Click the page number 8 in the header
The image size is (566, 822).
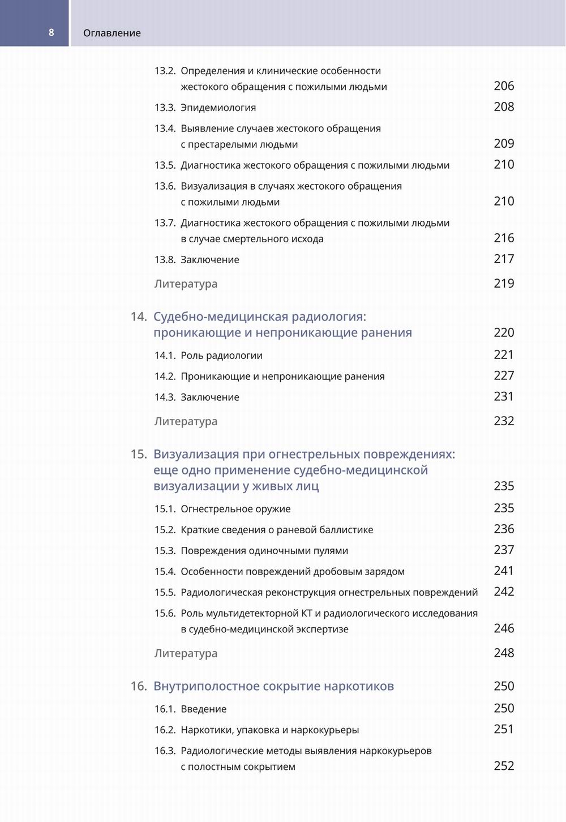[51, 32]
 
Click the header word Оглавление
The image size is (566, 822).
[112, 33]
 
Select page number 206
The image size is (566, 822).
[504, 86]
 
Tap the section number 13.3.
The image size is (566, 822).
[165, 108]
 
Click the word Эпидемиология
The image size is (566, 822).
[218, 108]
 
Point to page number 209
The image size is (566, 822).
[504, 144]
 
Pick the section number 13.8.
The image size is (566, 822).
[165, 260]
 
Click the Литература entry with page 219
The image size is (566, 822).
[186, 284]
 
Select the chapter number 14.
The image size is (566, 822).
[139, 316]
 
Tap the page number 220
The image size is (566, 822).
[504, 332]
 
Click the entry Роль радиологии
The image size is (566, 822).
[221, 356]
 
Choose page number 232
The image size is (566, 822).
[504, 421]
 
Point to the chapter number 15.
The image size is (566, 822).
[139, 454]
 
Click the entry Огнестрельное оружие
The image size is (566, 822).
[235, 509]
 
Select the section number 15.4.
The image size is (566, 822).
[165, 572]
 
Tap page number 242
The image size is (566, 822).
[504, 592]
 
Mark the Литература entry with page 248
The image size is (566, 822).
[186, 653]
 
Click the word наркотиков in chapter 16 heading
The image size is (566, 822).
[359, 686]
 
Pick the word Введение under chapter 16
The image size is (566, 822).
[203, 709]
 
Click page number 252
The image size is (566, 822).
[504, 766]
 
